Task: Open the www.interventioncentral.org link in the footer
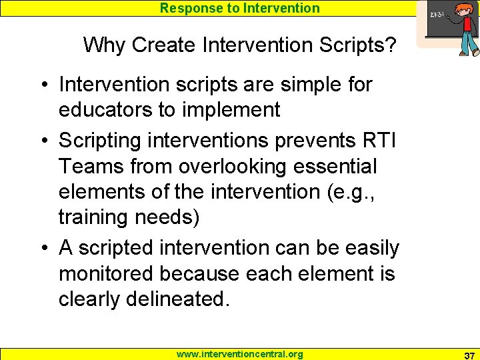(239, 354)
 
